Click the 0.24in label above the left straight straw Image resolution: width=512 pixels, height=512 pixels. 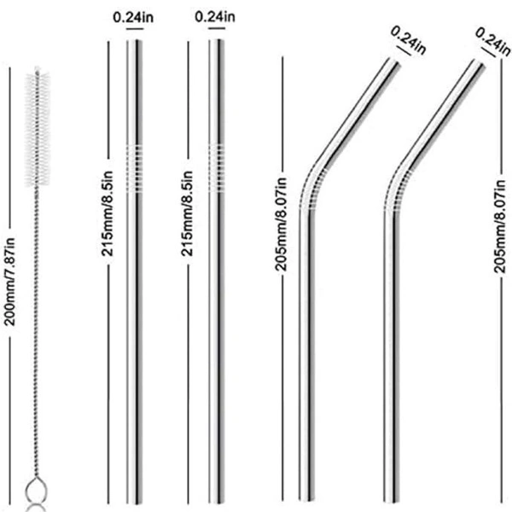point(133,16)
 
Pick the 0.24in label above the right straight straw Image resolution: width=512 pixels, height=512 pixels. point(215,16)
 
